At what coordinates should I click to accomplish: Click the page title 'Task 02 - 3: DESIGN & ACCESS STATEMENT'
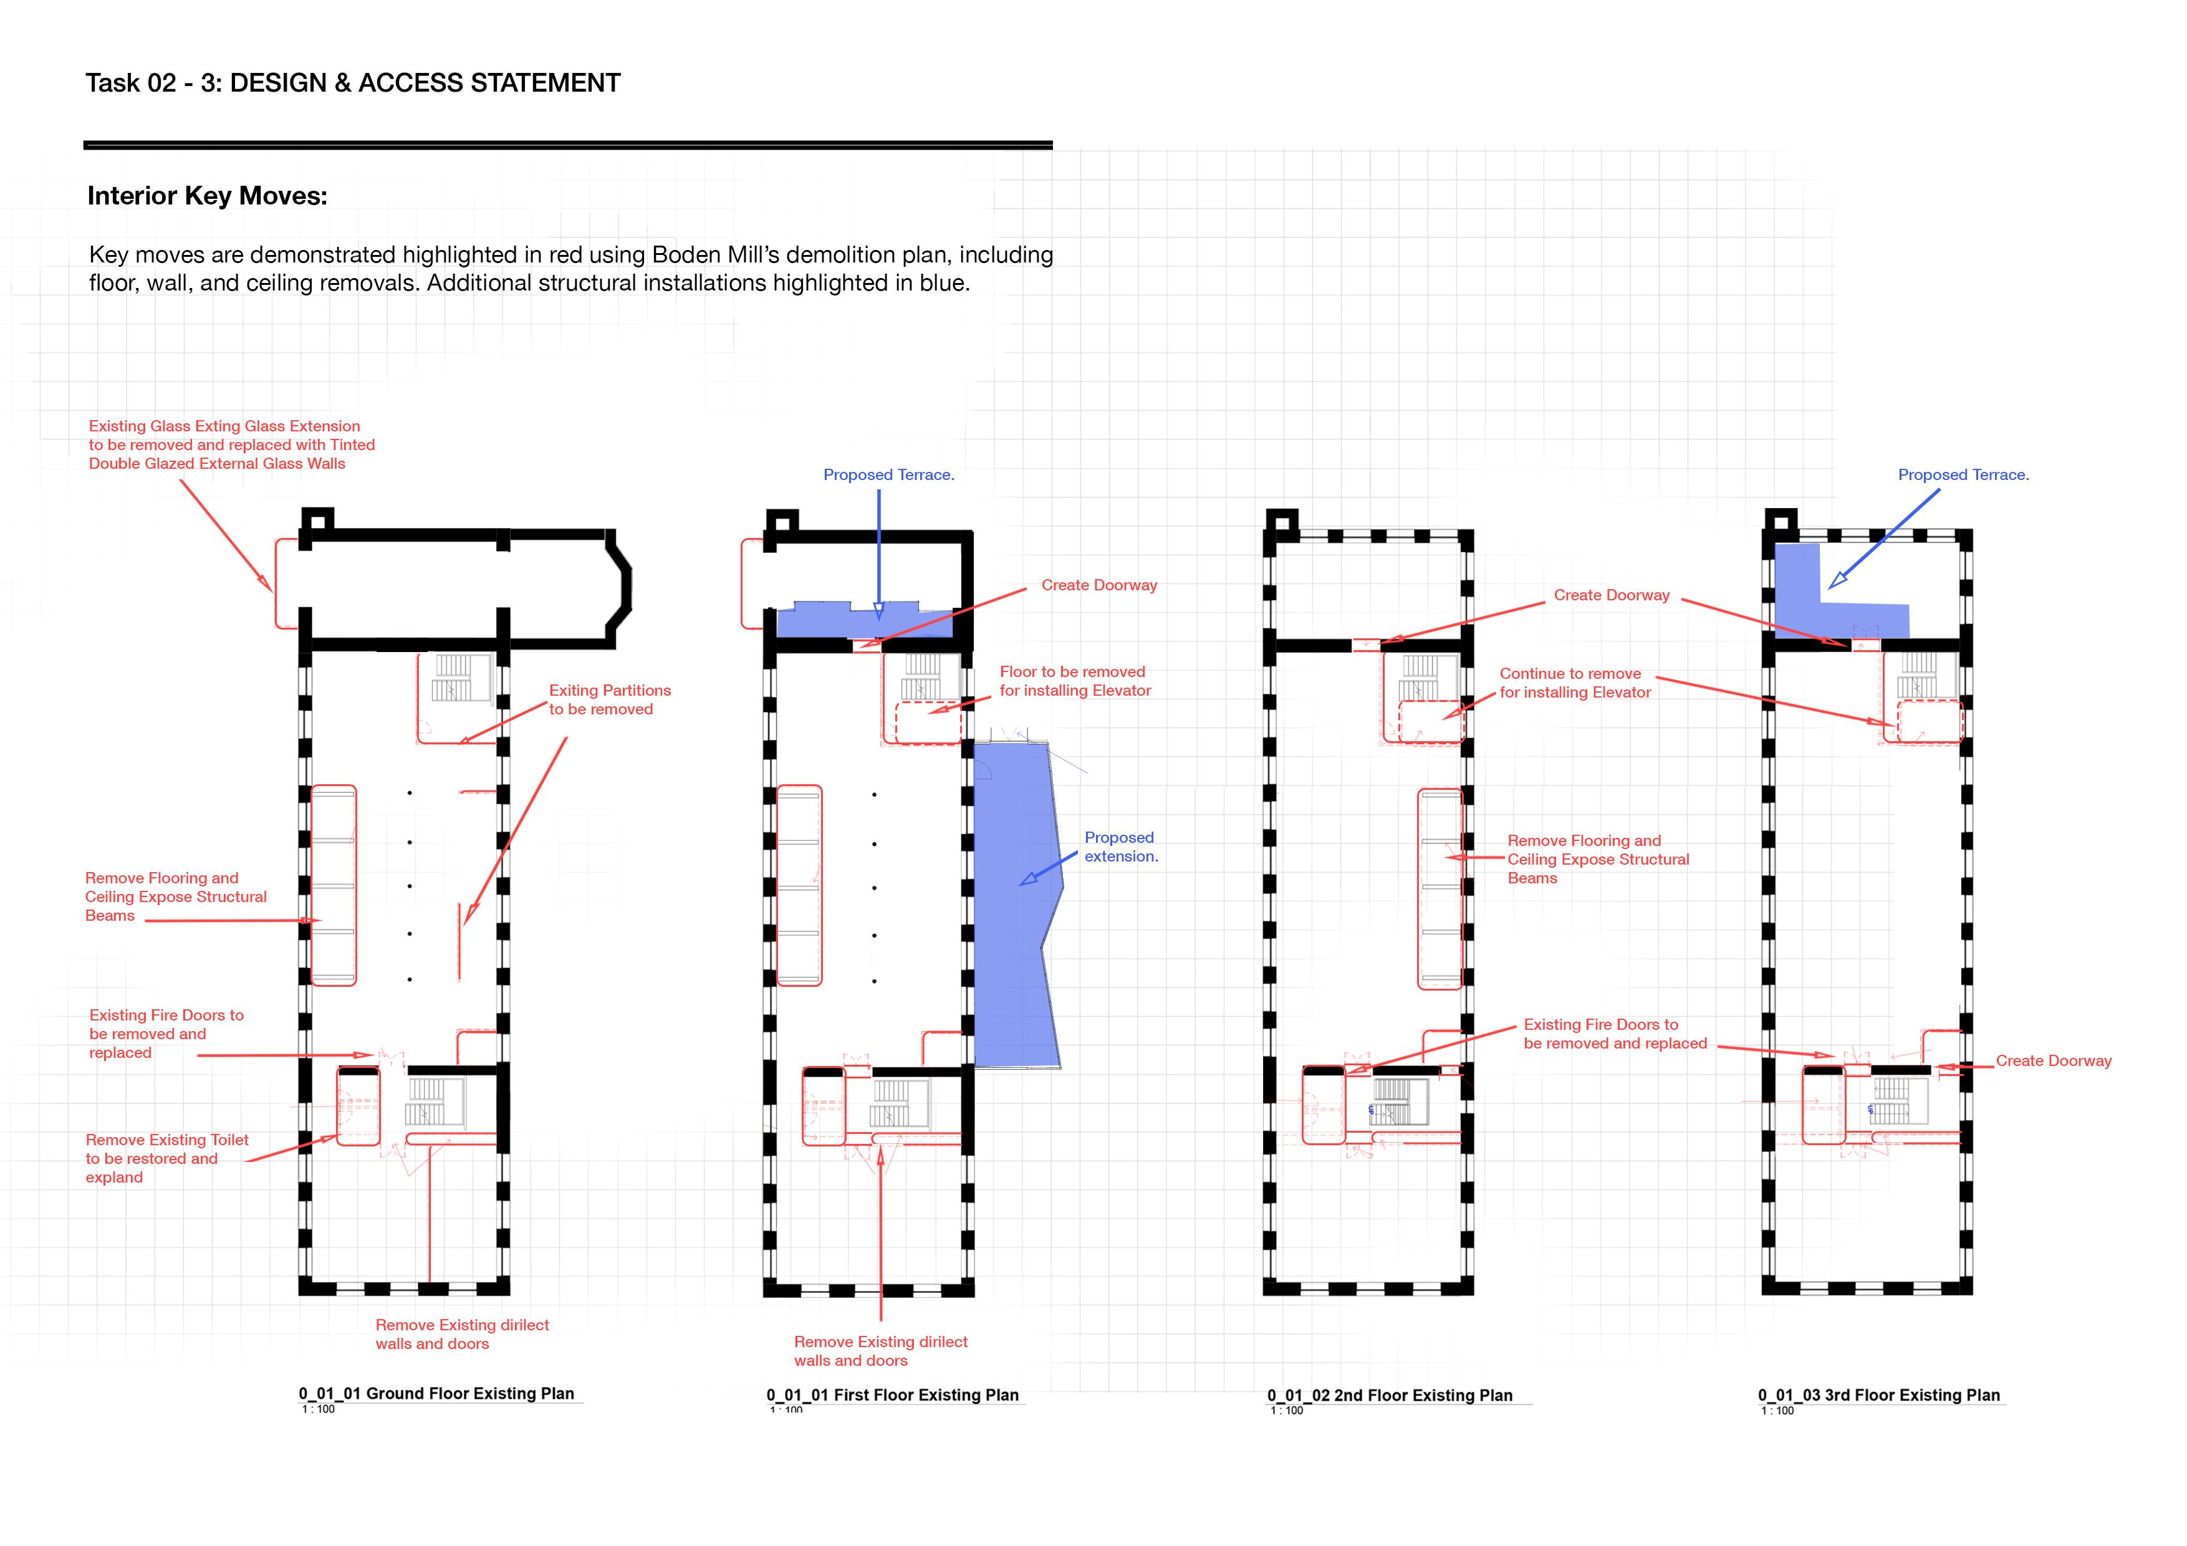coord(352,83)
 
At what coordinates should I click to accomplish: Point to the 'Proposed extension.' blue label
coord(1120,847)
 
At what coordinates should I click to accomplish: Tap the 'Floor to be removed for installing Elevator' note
coord(1074,681)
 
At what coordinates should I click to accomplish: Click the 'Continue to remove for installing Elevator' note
coord(1575,683)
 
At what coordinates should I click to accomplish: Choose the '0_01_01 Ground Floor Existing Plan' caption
coord(436,1394)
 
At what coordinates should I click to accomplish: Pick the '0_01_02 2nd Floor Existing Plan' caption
coord(1389,1396)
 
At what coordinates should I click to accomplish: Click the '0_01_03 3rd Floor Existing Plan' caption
coord(1878,1396)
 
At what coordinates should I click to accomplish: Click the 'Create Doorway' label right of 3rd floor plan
coord(2053,1060)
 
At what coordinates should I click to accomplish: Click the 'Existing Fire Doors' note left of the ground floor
coord(166,1034)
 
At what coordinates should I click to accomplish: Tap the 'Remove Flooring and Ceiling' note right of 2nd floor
coord(1597,859)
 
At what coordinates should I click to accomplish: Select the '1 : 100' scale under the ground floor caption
coord(318,1409)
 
